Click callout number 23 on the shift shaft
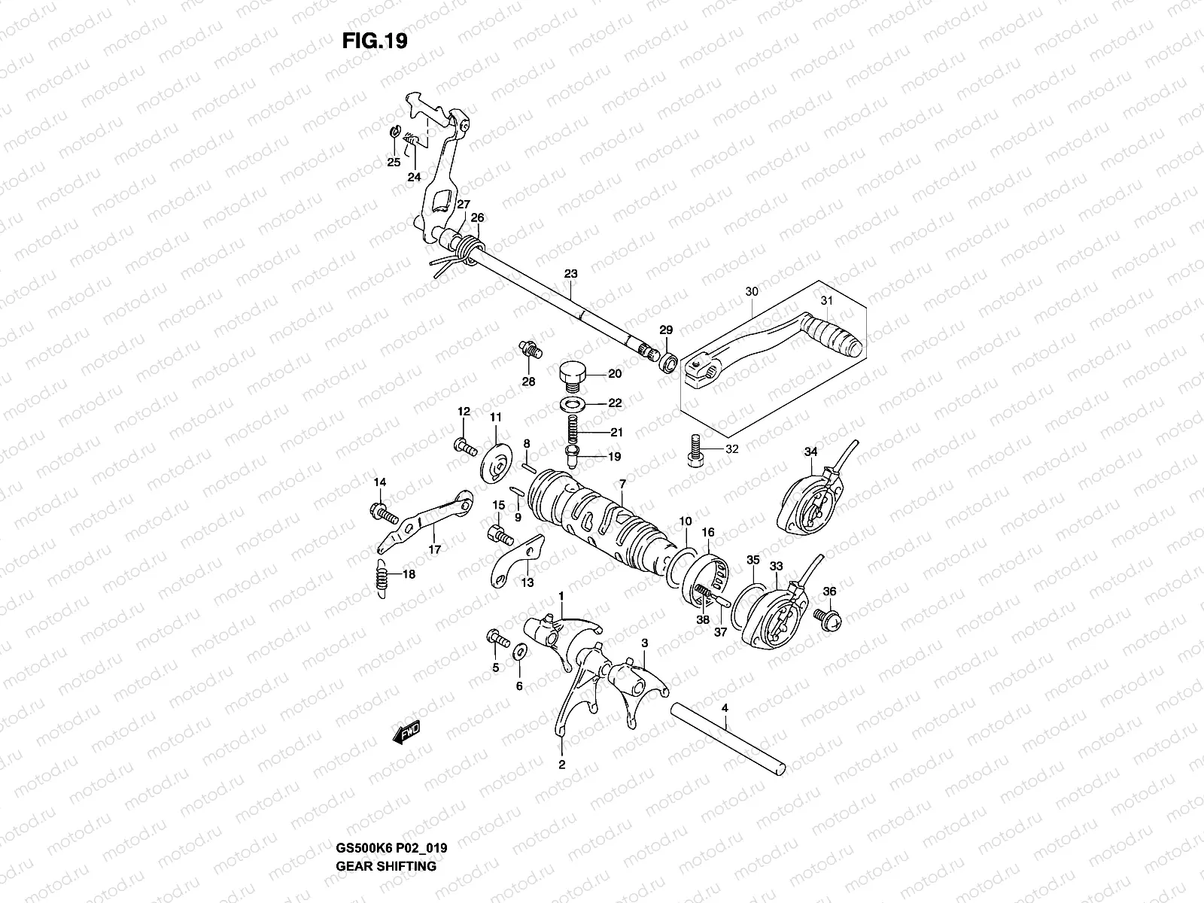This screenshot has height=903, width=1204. pyautogui.click(x=570, y=275)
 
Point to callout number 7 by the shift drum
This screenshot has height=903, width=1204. pyautogui.click(x=622, y=482)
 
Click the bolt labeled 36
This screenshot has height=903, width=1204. pyautogui.click(x=831, y=619)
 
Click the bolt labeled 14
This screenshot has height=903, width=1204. pyautogui.click(x=383, y=515)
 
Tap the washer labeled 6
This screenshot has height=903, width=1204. pyautogui.click(x=519, y=652)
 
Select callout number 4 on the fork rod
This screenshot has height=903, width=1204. pyautogui.click(x=725, y=708)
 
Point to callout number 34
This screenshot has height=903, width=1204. pyautogui.click(x=810, y=451)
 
